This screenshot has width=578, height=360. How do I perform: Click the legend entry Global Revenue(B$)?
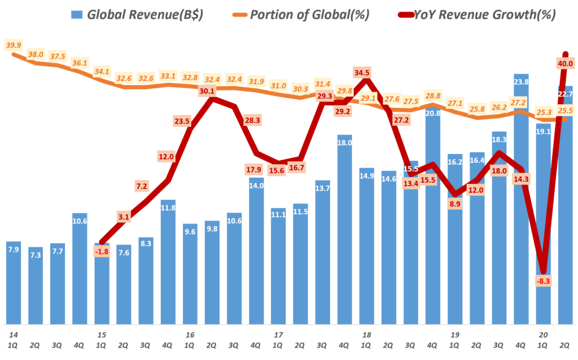click(135, 15)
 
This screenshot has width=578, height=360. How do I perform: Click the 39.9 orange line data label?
click(12, 45)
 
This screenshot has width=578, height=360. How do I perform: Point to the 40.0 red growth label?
click(564, 63)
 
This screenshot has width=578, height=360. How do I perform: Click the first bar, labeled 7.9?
click(14, 282)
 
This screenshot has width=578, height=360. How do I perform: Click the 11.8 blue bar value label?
click(168, 208)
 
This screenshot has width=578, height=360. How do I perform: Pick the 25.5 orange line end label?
click(564, 111)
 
